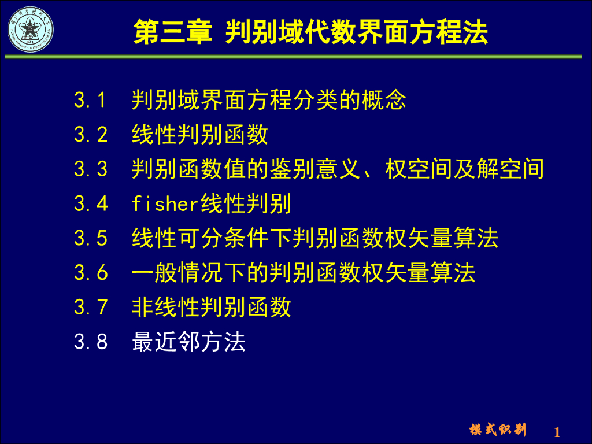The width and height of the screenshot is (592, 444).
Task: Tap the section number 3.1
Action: click(91, 101)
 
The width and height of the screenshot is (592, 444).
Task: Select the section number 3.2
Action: click(91, 135)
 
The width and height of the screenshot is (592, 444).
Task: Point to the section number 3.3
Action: click(91, 169)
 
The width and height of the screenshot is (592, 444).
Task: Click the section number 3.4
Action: click(91, 203)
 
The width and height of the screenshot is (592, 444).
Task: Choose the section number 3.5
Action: click(91, 238)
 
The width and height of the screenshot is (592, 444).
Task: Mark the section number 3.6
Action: click(91, 272)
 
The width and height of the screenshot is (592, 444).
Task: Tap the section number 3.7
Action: click(91, 307)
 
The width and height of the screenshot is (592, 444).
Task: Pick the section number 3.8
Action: click(91, 341)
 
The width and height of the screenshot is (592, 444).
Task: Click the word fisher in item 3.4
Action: click(166, 203)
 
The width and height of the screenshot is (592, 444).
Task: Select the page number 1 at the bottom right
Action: click(557, 432)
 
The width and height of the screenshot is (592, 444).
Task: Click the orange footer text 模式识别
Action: click(498, 430)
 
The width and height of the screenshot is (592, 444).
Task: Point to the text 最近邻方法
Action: click(189, 341)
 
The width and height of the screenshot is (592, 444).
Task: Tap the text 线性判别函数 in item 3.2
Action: click(200, 135)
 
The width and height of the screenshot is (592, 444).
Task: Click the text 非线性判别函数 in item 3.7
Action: click(212, 307)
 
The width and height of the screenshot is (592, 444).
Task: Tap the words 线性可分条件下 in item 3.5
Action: click(212, 238)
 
